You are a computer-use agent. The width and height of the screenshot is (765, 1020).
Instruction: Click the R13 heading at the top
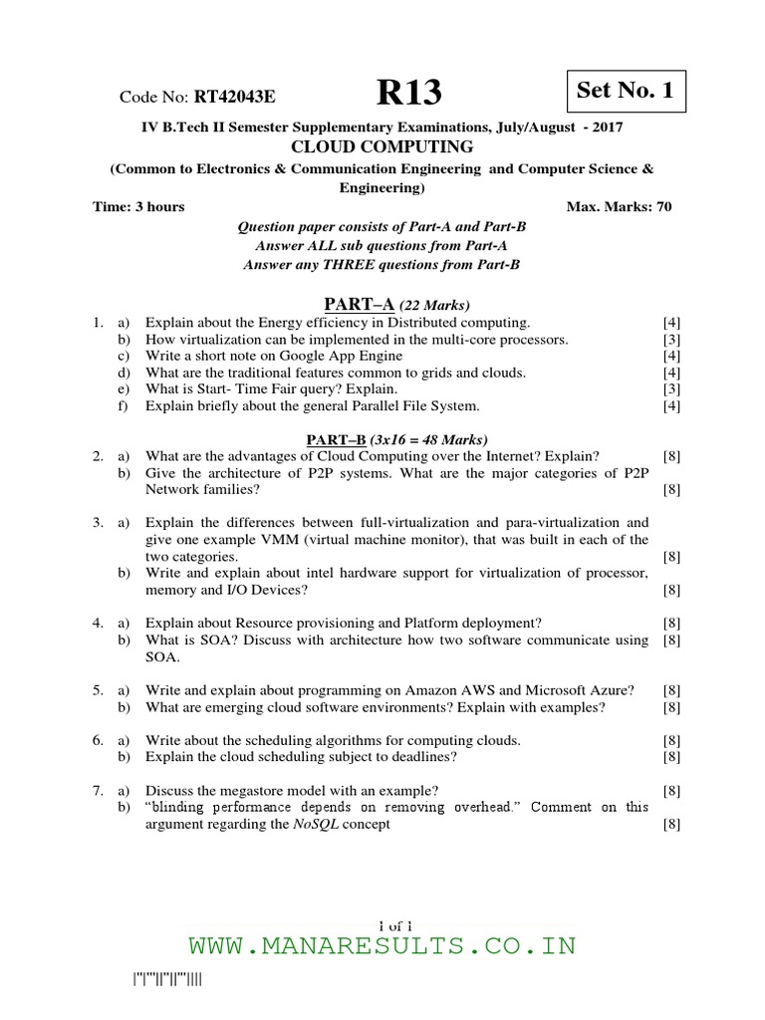pos(408,94)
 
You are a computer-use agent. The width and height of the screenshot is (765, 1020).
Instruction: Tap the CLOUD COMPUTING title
pos(382,147)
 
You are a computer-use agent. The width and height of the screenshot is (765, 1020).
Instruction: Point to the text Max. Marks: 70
pos(620,206)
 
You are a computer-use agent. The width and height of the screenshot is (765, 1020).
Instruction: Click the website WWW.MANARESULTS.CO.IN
pos(382,945)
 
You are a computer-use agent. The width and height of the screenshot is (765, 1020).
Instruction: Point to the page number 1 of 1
pos(382,922)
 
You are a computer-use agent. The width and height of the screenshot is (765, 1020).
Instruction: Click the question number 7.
pos(96,790)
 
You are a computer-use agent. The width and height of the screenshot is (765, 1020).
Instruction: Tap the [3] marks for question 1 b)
pos(671,340)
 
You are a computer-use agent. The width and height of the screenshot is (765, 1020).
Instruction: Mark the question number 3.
pos(96,522)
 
